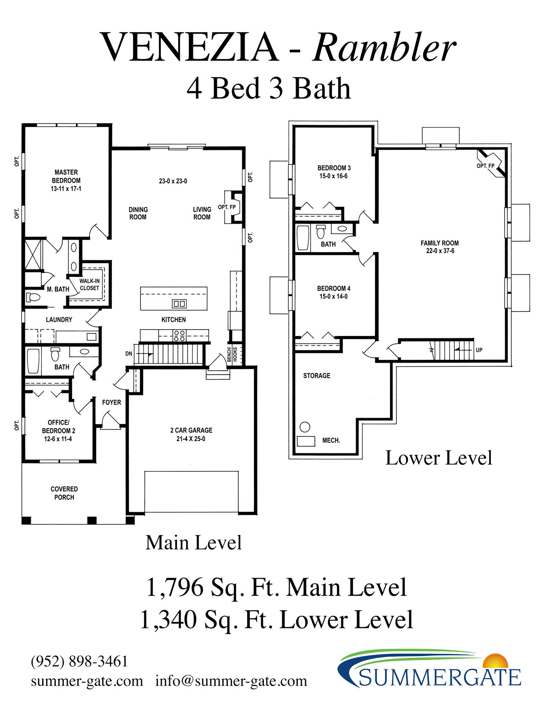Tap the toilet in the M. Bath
click(33, 297)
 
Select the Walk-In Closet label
click(89, 284)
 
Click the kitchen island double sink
click(179, 304)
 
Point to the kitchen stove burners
click(179, 335)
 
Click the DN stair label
click(129, 353)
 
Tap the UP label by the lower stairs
click(479, 350)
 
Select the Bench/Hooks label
click(232, 354)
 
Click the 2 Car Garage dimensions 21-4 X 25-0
click(191, 439)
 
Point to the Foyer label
click(111, 402)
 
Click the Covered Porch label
click(64, 493)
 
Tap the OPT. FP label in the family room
click(485, 166)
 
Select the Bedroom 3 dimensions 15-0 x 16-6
click(334, 176)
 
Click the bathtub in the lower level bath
click(302, 238)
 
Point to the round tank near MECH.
click(305, 427)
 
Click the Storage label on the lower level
click(316, 375)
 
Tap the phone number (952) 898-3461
click(79, 661)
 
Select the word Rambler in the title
click(384, 48)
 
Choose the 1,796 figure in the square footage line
click(175, 588)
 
